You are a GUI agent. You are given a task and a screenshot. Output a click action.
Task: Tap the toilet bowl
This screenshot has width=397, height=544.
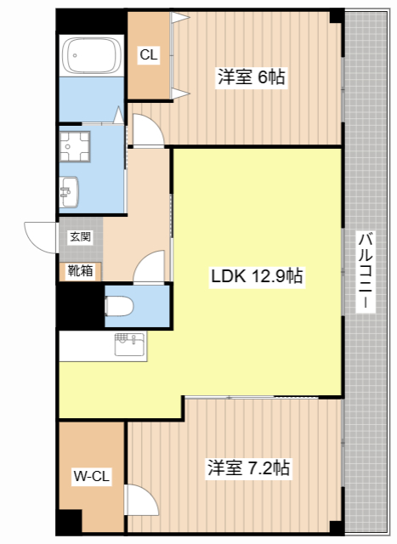(x=119, y=305)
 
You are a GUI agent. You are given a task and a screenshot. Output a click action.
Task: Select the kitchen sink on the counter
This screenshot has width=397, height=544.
(x=130, y=344)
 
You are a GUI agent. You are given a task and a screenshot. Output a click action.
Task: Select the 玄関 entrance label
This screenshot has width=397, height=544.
(x=80, y=237)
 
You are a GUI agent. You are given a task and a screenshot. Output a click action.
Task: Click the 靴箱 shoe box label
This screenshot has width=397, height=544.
(x=80, y=271)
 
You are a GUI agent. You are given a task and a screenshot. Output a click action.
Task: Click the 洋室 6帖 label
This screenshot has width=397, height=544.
(x=250, y=77)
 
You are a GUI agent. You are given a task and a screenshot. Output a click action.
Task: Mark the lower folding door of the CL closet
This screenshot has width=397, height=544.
(x=178, y=92)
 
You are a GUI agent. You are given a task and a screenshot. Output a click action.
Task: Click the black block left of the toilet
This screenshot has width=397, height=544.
(x=80, y=304)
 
